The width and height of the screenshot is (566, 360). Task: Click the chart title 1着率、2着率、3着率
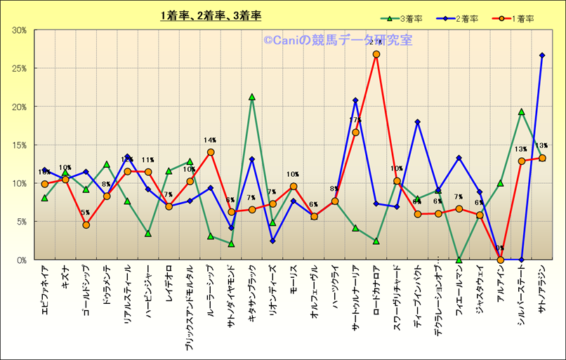tap(211, 16)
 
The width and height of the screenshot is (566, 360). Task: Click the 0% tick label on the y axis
tap(22, 260)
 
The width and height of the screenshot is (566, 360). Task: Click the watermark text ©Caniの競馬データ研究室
tap(338, 40)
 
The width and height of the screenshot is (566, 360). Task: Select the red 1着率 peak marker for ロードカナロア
tap(376, 54)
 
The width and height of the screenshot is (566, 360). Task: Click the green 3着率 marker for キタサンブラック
tap(252, 97)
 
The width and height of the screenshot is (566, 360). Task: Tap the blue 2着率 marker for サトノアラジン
tap(542, 55)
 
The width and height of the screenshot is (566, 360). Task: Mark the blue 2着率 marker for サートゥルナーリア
tap(355, 100)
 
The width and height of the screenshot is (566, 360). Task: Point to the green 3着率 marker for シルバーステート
tap(521, 112)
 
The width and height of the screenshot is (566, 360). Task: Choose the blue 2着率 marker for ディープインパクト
tap(418, 122)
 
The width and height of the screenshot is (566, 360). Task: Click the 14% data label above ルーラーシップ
tap(211, 140)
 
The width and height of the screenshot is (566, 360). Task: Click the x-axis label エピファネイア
tap(44, 288)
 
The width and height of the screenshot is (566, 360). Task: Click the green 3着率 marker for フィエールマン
tap(459, 260)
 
